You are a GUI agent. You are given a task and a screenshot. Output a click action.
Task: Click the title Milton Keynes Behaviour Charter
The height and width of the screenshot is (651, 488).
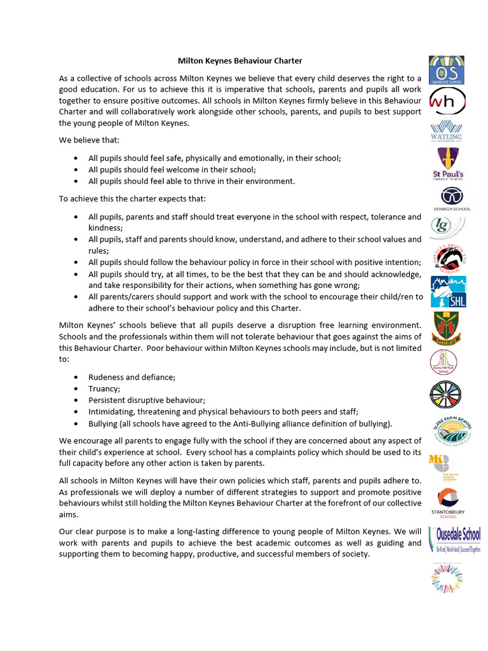240,61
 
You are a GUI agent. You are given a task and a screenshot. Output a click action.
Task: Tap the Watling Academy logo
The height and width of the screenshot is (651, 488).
446,130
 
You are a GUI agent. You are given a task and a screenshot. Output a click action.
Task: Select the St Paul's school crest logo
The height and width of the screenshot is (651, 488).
447,164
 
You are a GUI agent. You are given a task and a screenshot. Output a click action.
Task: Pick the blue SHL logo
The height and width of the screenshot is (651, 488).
448,292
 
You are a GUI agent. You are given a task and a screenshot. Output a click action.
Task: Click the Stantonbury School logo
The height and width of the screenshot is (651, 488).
448,503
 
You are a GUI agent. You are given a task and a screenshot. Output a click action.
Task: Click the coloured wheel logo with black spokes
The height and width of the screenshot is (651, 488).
447,395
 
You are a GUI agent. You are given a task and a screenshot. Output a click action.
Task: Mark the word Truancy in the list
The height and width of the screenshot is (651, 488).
104,388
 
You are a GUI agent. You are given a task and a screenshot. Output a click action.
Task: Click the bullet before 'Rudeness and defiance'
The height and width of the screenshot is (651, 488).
76,377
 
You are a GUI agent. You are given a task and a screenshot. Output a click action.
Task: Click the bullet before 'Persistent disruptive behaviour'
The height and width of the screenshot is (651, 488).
76,400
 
